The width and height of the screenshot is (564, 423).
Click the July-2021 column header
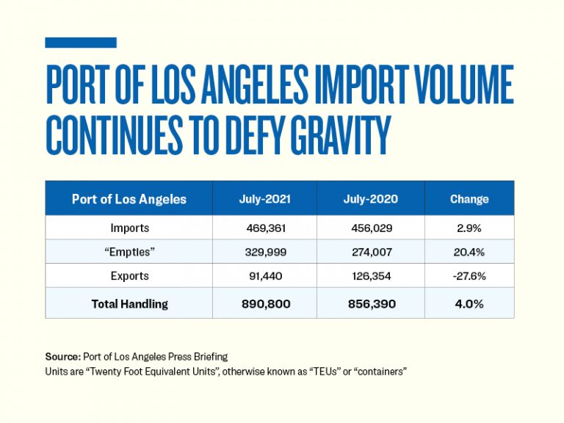[x=264, y=199]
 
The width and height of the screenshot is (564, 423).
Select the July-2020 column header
[x=370, y=199]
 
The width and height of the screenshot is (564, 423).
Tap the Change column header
[x=469, y=199]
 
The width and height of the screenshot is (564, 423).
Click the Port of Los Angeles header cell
[x=129, y=199]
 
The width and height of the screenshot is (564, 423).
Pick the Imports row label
[x=129, y=228]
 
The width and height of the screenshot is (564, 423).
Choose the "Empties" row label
[x=129, y=253]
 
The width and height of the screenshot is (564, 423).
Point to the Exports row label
[x=129, y=277]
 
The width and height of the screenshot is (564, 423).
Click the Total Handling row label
[x=129, y=303]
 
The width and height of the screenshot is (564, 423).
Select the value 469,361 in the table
[x=264, y=228]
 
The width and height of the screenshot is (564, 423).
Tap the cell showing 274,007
[x=370, y=253]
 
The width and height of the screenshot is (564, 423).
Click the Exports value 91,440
[x=264, y=277]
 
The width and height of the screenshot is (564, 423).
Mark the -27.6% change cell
[x=469, y=277]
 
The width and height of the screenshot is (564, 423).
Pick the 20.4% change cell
[x=469, y=253]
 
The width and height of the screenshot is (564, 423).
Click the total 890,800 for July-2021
[x=264, y=303]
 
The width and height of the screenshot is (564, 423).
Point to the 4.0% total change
[x=469, y=303]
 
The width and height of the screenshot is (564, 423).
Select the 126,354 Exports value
[x=370, y=277]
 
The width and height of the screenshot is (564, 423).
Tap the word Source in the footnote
[x=62, y=357]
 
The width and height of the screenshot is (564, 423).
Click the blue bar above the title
[x=81, y=43]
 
